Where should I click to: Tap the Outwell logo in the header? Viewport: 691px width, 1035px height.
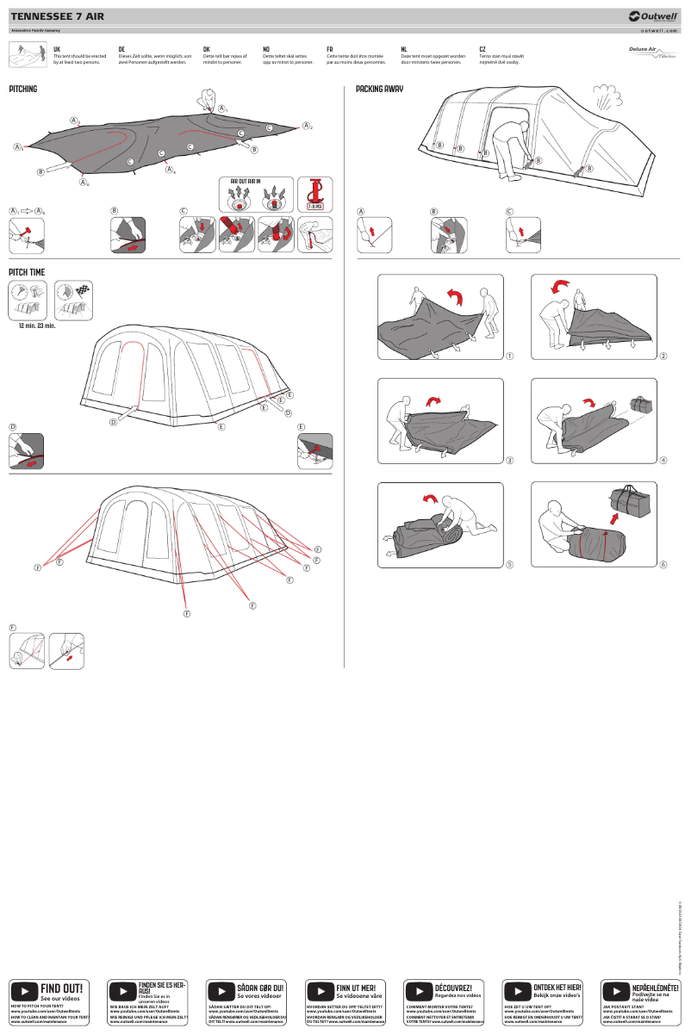pyautogui.click(x=654, y=15)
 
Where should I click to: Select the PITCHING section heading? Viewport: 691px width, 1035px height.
pyautogui.click(x=23, y=89)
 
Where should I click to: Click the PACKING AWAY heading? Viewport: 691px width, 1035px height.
pyautogui.click(x=379, y=89)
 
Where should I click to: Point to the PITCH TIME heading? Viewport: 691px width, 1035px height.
pyautogui.click(x=26, y=272)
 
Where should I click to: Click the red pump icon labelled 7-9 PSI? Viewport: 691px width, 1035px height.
pyautogui.click(x=314, y=195)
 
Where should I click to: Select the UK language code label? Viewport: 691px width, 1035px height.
pyautogui.click(x=57, y=50)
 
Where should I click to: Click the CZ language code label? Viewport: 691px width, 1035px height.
pyautogui.click(x=482, y=50)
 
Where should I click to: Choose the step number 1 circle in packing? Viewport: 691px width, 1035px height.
pyautogui.click(x=510, y=356)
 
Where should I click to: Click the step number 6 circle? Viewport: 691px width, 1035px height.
pyautogui.click(x=663, y=565)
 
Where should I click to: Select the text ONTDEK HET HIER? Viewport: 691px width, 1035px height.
pyautogui.click(x=557, y=987)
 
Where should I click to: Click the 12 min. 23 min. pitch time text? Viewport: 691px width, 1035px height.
pyautogui.click(x=37, y=326)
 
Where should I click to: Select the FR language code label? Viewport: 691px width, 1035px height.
pyautogui.click(x=330, y=50)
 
